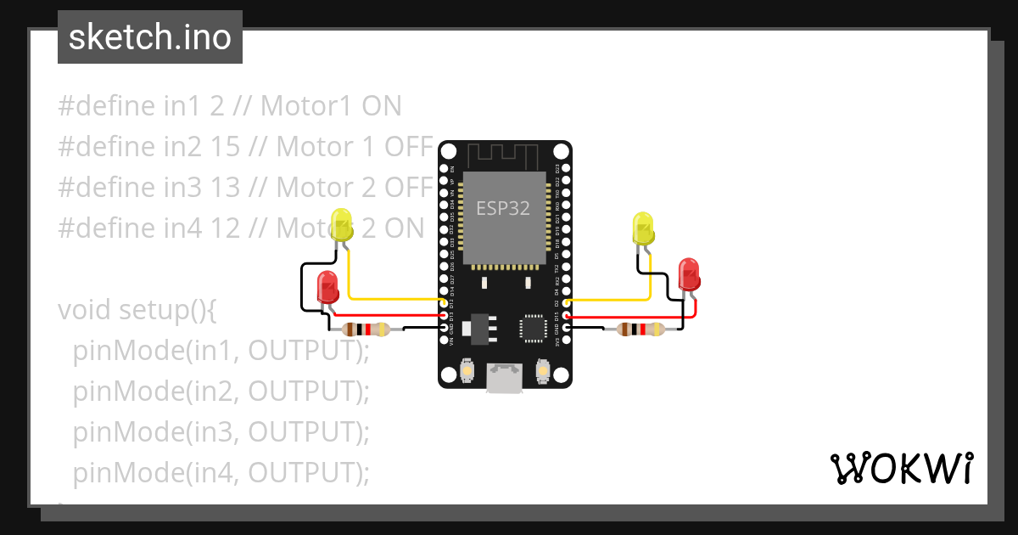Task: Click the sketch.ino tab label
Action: click(x=149, y=37)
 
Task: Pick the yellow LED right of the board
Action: click(x=643, y=229)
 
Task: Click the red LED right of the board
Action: click(x=689, y=275)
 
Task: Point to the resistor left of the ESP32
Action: click(x=364, y=329)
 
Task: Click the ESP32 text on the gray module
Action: click(x=503, y=208)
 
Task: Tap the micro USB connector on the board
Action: click(x=505, y=377)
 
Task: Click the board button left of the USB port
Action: click(x=467, y=371)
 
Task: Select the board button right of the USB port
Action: click(x=543, y=371)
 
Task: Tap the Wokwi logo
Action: click(x=900, y=468)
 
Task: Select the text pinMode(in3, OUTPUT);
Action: click(x=221, y=431)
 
